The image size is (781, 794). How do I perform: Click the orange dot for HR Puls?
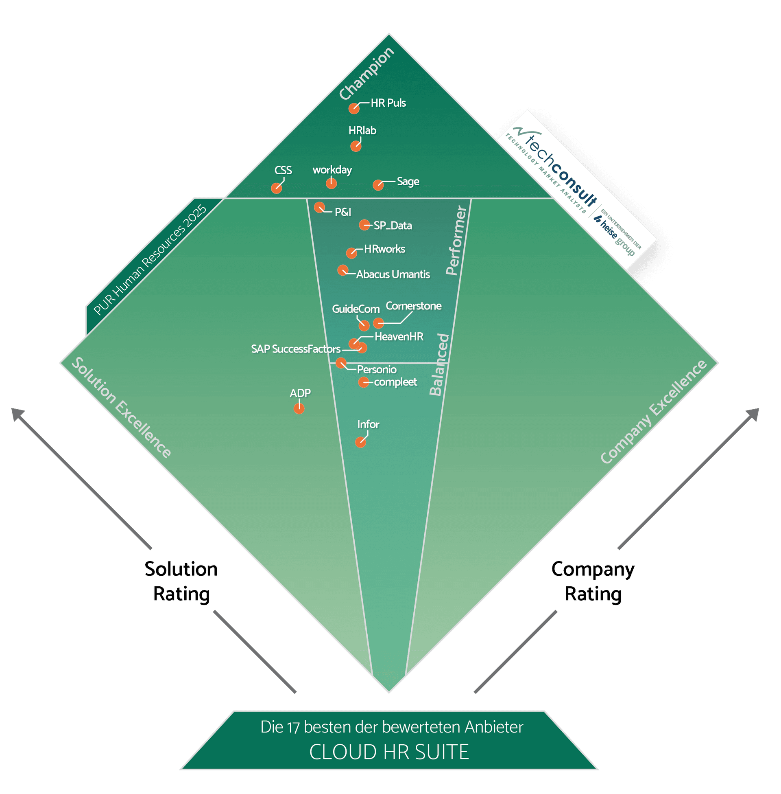click(354, 108)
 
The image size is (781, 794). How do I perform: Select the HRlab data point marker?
click(356, 146)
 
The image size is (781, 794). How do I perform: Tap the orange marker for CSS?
click(277, 188)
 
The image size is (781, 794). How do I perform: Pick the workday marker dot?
click(331, 183)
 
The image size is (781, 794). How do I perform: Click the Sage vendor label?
click(408, 182)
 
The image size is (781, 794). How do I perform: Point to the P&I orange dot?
click(319, 207)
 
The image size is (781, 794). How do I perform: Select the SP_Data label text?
click(393, 226)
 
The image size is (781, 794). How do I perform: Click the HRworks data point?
click(351, 253)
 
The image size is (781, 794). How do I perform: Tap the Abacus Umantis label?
click(393, 274)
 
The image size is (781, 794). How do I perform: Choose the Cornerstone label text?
click(413, 306)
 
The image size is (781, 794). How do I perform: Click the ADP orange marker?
click(299, 408)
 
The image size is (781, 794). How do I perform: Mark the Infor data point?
click(360, 442)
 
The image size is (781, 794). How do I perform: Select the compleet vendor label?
click(395, 382)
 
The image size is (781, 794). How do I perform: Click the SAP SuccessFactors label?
click(296, 349)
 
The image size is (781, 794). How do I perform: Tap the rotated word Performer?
click(456, 241)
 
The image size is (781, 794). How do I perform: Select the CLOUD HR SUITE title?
click(389, 752)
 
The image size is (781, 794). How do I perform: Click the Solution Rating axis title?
click(181, 581)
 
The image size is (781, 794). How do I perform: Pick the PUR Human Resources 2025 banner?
click(150, 260)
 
